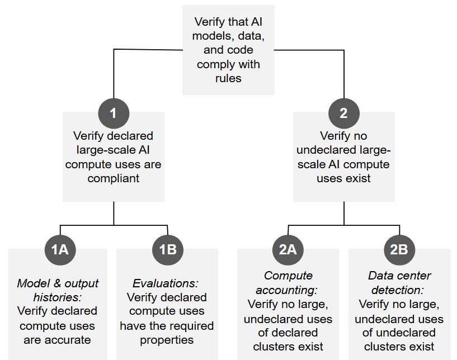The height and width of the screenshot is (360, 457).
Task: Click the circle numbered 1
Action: click(x=114, y=113)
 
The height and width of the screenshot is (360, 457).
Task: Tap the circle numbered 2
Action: click(x=344, y=113)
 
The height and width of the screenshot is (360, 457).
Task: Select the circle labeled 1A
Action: click(x=60, y=250)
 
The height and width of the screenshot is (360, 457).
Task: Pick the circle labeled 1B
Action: click(x=168, y=250)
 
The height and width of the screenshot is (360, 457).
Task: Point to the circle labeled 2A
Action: click(x=288, y=250)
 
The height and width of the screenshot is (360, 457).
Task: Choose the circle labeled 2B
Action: click(x=399, y=250)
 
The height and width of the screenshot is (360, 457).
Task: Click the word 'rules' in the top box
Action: click(x=228, y=78)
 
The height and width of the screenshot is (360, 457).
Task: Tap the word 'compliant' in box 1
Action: click(x=114, y=178)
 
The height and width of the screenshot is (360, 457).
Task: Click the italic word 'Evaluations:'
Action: click(x=166, y=283)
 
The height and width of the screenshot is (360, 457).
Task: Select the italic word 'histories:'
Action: click(x=57, y=297)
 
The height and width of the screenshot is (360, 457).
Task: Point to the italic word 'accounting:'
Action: click(x=286, y=290)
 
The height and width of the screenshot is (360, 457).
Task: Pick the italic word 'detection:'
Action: click(x=398, y=290)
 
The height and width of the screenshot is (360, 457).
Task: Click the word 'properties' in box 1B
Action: click(x=167, y=340)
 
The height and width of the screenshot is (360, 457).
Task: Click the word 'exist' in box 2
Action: click(x=358, y=178)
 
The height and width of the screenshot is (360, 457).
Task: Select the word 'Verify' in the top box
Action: click(x=210, y=22)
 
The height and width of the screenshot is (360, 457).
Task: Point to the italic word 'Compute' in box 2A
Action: click(x=288, y=276)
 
